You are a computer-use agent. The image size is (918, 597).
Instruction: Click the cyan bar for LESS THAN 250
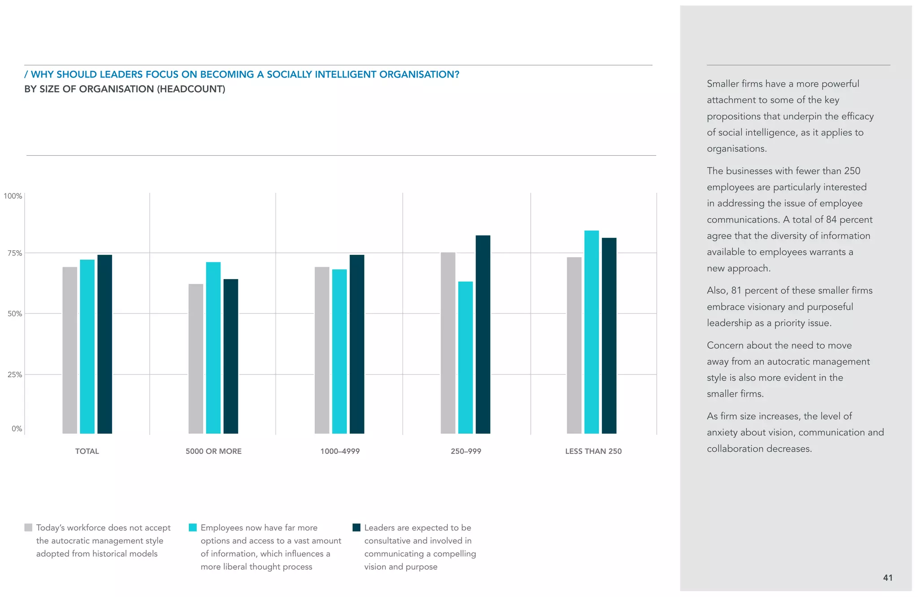(x=591, y=332)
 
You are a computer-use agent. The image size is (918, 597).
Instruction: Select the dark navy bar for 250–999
(x=483, y=334)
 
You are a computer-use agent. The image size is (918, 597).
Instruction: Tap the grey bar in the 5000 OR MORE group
(x=196, y=358)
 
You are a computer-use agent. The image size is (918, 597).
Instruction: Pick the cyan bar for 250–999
(x=465, y=357)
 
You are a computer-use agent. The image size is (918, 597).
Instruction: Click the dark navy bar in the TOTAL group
(x=104, y=344)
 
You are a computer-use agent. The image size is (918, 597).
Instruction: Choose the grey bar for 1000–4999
(x=322, y=350)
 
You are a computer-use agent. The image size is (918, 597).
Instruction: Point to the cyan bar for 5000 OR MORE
(x=213, y=348)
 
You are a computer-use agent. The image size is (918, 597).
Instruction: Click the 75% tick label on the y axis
(x=14, y=253)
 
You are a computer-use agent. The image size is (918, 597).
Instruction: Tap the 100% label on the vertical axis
(x=13, y=196)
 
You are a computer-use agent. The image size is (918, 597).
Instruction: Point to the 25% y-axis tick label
(x=14, y=375)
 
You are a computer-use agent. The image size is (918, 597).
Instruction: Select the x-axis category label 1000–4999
(x=340, y=451)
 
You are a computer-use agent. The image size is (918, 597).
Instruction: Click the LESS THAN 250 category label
(x=593, y=451)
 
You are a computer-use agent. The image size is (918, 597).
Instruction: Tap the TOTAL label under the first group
(x=87, y=451)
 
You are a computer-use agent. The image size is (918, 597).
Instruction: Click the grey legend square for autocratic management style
(x=28, y=527)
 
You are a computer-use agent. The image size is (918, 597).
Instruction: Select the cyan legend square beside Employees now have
(x=193, y=527)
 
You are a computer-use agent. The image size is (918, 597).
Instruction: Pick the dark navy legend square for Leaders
(x=356, y=527)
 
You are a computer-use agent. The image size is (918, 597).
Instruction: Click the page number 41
(x=888, y=578)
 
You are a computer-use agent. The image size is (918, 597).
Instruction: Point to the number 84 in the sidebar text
(x=831, y=220)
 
